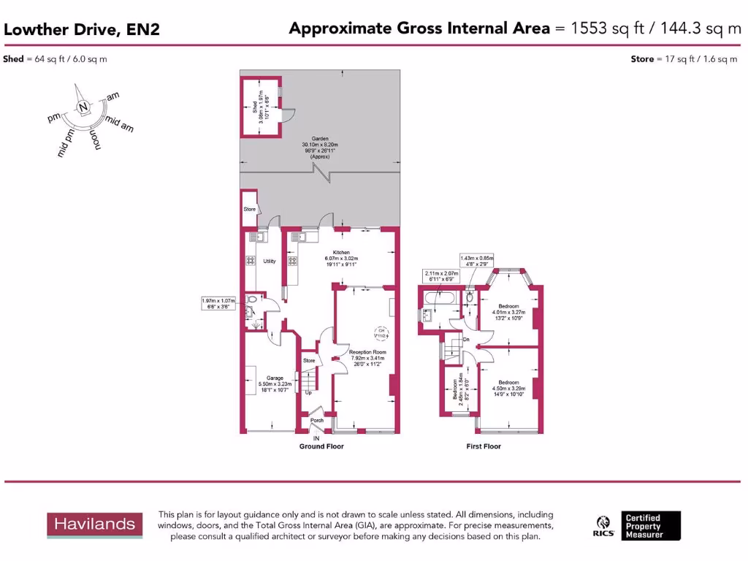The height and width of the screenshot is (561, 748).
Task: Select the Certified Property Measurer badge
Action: coord(651,525)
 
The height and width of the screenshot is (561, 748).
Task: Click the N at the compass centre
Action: coord(84,107)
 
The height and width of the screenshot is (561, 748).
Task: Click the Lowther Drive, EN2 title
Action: coord(82,30)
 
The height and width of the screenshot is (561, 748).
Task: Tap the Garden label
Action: coord(320,138)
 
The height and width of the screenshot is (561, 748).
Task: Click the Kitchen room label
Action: coord(343,253)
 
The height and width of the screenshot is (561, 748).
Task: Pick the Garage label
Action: coord(275,378)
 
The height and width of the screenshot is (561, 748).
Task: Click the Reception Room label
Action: coord(367,352)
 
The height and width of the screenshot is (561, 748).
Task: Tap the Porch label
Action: coord(317,421)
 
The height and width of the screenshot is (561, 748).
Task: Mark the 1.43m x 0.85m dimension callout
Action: coord(476,261)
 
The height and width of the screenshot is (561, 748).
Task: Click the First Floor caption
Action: coord(484,446)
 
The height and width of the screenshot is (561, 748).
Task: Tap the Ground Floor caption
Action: coord(321,446)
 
